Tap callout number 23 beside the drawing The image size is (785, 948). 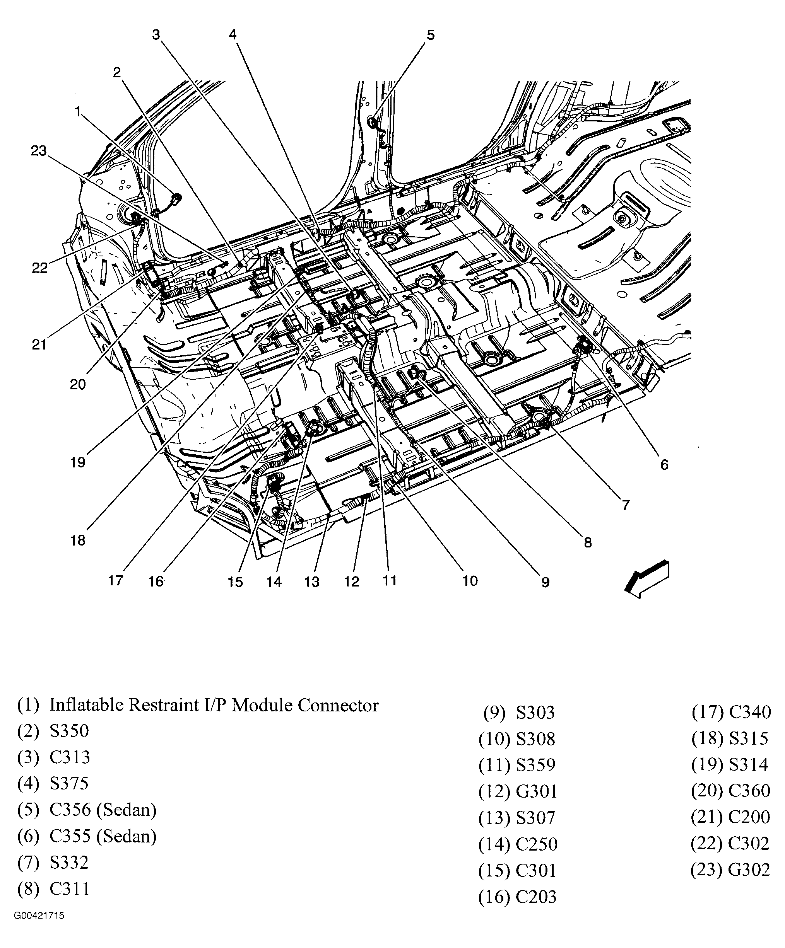39,151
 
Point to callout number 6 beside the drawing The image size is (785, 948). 664,464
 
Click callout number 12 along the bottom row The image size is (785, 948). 351,581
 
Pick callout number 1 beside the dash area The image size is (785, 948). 78,111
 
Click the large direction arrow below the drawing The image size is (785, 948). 647,580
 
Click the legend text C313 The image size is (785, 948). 70,757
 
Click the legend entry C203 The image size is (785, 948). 536,896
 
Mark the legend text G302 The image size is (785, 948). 749,870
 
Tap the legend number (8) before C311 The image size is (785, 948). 28,889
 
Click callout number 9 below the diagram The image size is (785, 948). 545,582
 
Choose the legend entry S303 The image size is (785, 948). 535,713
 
